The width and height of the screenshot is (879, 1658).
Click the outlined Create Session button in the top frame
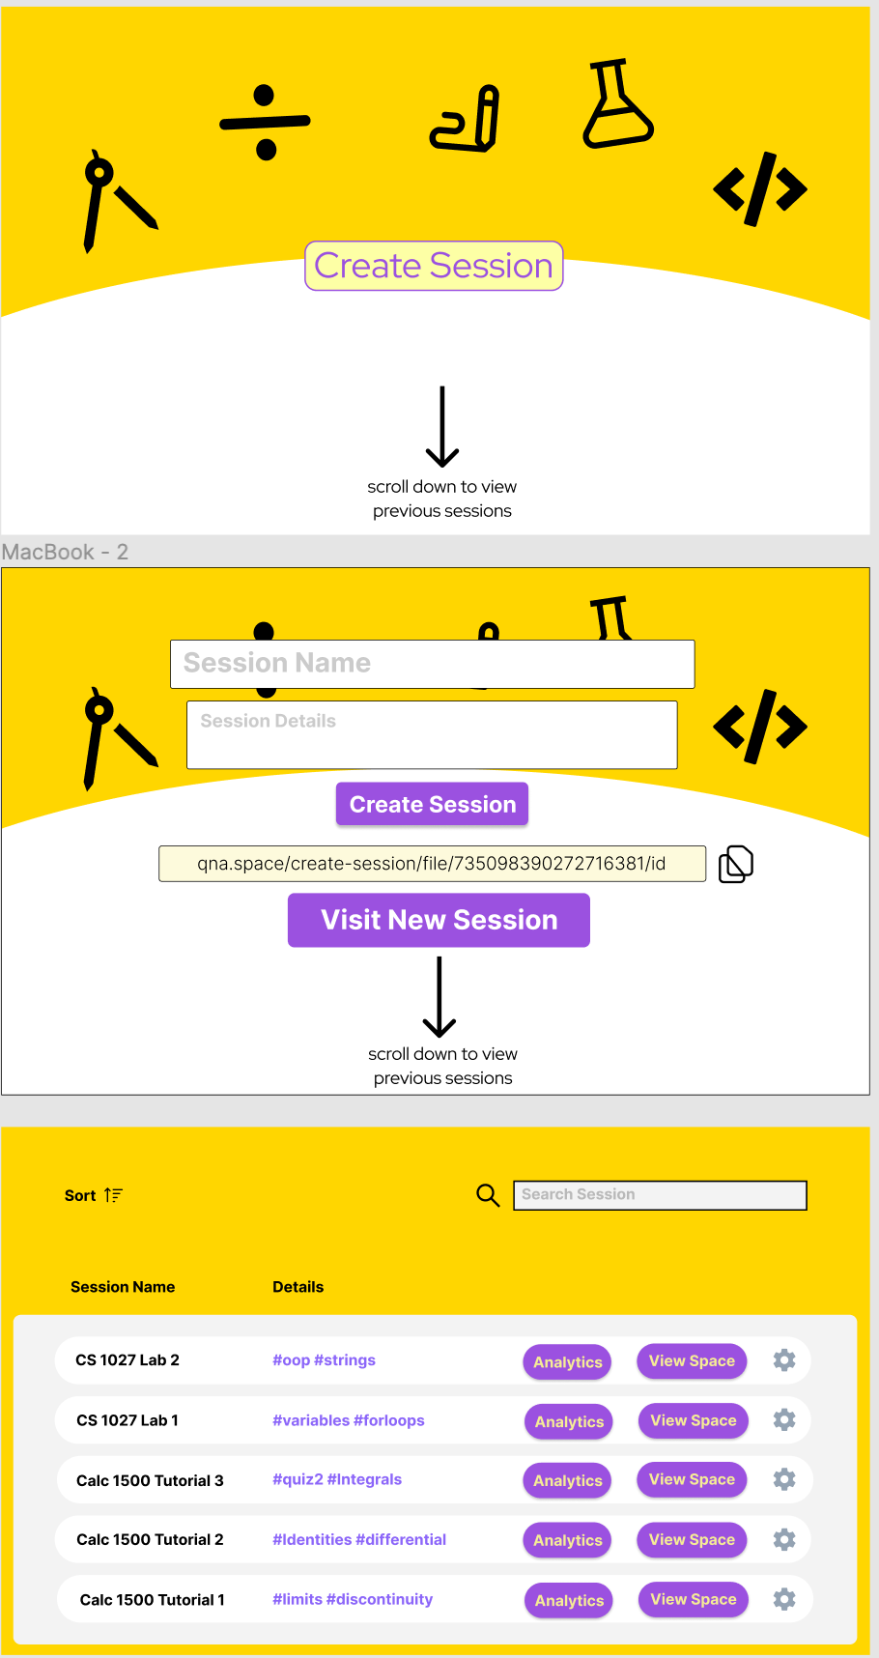tap(434, 266)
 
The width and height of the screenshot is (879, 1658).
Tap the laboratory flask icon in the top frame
tap(616, 105)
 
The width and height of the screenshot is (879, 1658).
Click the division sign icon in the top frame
tap(265, 122)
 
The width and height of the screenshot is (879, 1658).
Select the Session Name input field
tap(432, 664)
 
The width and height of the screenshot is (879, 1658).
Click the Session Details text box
tap(432, 734)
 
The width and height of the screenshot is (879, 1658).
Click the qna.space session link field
tap(432, 864)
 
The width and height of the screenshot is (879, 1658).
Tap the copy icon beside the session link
tap(735, 864)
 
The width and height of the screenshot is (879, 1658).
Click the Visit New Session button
tap(439, 920)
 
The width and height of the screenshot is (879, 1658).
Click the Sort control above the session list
tap(93, 1195)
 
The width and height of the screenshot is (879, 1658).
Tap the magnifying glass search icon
tap(488, 1195)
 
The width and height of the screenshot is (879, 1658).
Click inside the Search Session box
tap(660, 1195)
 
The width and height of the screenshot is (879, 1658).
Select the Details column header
tap(298, 1287)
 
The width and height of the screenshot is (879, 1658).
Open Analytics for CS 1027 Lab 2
tap(568, 1362)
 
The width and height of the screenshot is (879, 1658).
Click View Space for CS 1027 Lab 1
tap(693, 1420)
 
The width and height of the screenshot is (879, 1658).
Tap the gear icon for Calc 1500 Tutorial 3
tap(784, 1479)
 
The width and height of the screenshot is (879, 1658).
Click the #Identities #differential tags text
tap(359, 1539)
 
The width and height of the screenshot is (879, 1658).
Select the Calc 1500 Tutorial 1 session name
tap(153, 1600)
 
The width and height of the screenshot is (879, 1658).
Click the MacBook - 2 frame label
tap(65, 552)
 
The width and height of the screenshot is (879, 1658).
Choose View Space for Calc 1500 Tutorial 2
tap(692, 1539)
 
